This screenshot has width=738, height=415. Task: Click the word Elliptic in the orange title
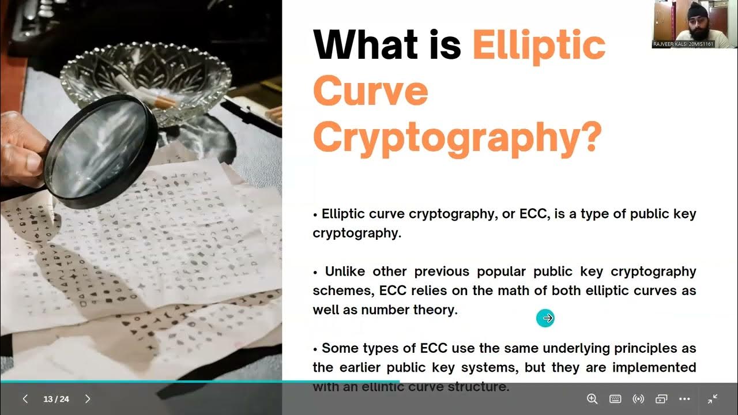click(539, 46)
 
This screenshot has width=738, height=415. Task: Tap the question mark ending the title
click(589, 137)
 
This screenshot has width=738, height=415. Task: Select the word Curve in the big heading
click(370, 91)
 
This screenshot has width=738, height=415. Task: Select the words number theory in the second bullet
click(409, 310)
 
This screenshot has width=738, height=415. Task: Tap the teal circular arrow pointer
click(545, 318)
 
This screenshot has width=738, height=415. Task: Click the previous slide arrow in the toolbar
click(25, 399)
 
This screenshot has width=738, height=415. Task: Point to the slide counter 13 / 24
click(56, 399)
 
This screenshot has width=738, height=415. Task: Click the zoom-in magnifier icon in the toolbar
click(592, 399)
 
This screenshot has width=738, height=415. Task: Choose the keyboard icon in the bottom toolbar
click(615, 399)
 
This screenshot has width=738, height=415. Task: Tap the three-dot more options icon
click(684, 399)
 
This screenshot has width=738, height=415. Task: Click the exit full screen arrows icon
click(713, 399)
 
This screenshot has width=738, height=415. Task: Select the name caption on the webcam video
click(683, 44)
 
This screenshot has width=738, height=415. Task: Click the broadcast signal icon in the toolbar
click(638, 399)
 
